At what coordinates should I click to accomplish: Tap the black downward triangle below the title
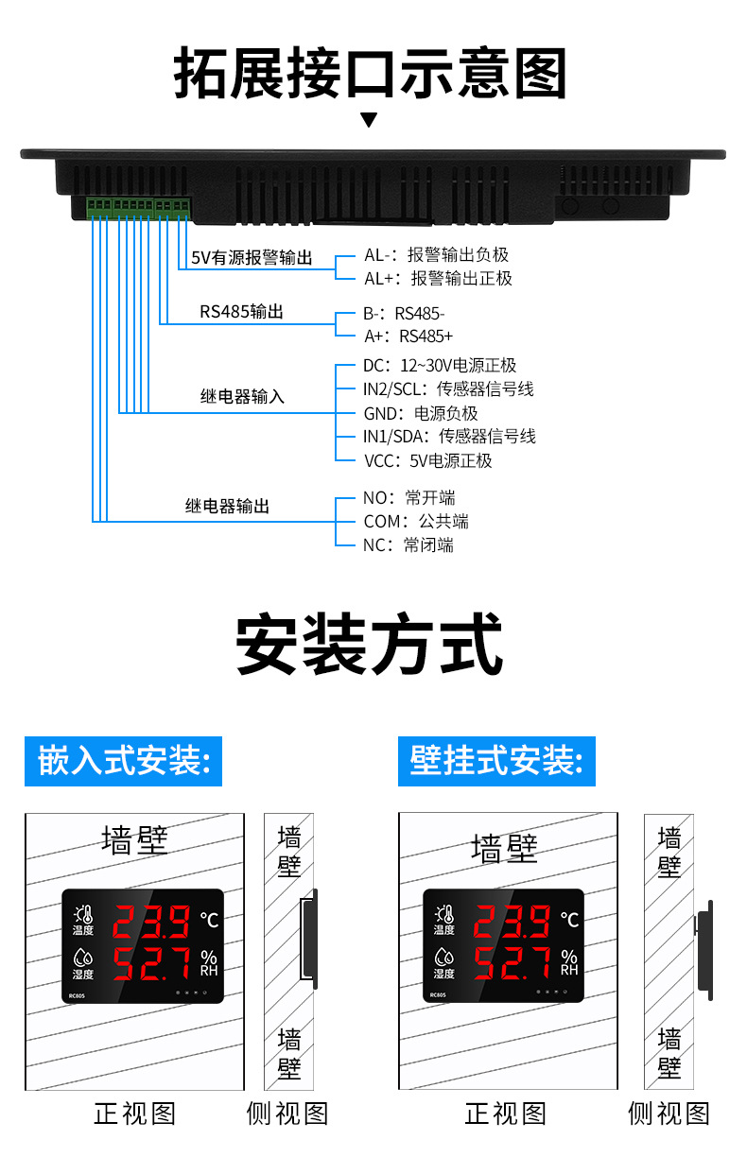pyautogui.click(x=369, y=120)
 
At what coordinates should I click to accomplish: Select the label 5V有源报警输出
pyautogui.click(x=252, y=258)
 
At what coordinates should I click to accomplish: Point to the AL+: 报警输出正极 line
pyautogui.click(x=438, y=279)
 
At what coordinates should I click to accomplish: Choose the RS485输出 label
pyautogui.click(x=241, y=313)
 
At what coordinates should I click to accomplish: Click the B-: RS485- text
pyautogui.click(x=404, y=313)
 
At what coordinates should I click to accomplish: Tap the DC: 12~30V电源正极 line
pyautogui.click(x=440, y=366)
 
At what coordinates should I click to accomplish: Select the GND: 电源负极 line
pyautogui.click(x=421, y=413)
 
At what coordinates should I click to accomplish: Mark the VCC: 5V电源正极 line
pyautogui.click(x=427, y=461)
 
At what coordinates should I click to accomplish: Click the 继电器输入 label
pyautogui.click(x=242, y=397)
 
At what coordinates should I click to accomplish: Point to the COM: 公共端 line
pyautogui.click(x=415, y=522)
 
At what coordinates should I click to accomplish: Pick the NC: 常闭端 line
pyautogui.click(x=408, y=545)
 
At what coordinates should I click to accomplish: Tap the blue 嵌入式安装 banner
pyautogui.click(x=123, y=761)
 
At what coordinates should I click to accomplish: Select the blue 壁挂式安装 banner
pyautogui.click(x=496, y=761)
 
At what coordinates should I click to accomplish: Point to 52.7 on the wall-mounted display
pyautogui.click(x=512, y=962)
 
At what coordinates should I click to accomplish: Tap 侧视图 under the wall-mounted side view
pyautogui.click(x=669, y=1114)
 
